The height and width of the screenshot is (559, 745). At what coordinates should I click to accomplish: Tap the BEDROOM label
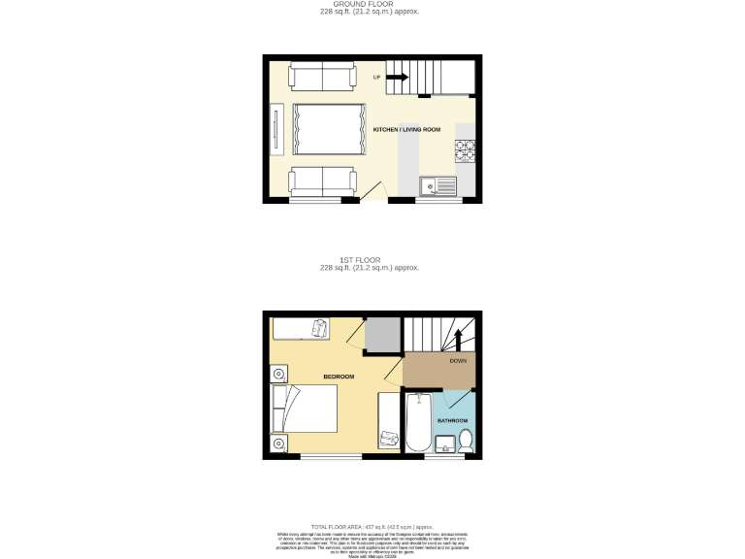click(x=339, y=377)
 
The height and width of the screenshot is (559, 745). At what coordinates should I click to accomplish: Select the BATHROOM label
click(x=452, y=420)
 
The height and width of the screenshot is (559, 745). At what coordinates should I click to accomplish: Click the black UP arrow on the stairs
click(x=398, y=78)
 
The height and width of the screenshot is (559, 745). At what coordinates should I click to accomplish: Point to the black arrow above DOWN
click(x=459, y=340)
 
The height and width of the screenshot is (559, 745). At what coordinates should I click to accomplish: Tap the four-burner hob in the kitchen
click(x=465, y=151)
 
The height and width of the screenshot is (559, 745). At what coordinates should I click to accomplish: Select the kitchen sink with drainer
click(x=437, y=184)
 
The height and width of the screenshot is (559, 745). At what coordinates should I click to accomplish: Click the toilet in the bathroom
click(x=466, y=440)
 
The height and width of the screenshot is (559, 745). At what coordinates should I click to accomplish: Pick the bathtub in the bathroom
click(x=417, y=422)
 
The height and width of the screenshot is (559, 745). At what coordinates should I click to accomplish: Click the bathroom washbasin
click(x=446, y=444)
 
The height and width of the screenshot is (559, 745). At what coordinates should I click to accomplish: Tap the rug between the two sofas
click(x=329, y=129)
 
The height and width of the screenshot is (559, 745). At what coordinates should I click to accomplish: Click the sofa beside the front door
click(x=323, y=181)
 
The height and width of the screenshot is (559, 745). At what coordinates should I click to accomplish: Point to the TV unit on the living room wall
click(x=277, y=129)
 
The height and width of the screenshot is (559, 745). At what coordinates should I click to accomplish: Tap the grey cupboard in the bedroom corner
click(x=383, y=335)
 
